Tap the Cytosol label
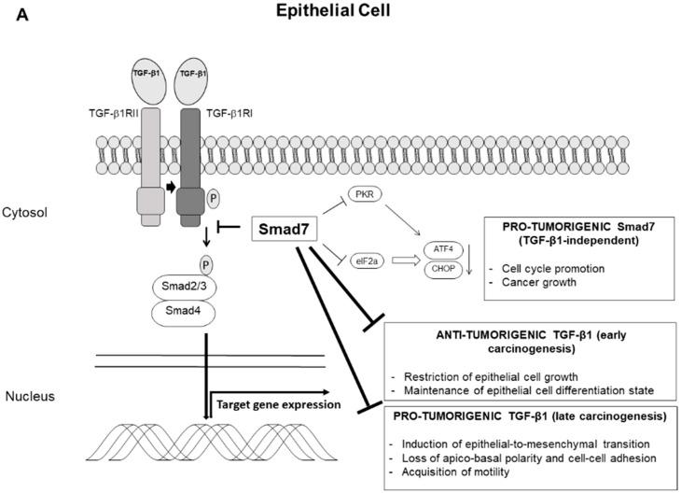tap(35, 212)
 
